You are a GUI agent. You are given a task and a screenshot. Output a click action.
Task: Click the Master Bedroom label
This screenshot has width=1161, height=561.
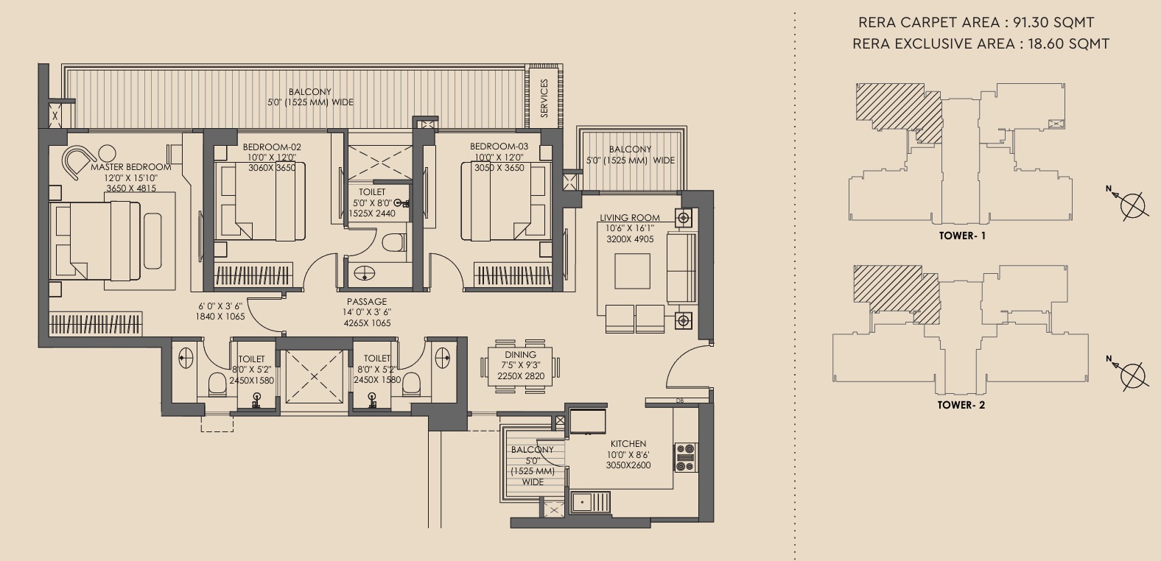coord(130,167)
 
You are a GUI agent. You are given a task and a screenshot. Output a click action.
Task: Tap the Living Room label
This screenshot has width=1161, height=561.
coord(630,218)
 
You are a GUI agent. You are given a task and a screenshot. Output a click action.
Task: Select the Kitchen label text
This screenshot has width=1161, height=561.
coord(628,444)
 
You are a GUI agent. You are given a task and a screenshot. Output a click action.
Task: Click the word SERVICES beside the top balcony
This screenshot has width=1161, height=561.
coord(544,99)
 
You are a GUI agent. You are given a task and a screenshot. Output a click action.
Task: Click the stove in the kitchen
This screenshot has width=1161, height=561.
coord(685,457)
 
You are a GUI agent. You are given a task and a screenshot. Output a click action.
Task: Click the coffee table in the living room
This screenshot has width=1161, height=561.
coord(632,271)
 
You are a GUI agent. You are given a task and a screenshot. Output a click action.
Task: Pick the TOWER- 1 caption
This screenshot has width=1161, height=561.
coord(963,236)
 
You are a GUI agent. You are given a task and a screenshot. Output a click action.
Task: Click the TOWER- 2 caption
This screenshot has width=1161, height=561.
coord(961,405)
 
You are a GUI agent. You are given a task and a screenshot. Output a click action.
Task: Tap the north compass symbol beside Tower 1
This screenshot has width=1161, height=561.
coord(1132,205)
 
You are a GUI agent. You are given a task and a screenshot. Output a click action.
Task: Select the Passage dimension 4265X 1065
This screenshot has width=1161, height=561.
coord(367,323)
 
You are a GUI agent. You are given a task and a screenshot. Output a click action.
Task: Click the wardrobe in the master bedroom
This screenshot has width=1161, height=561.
coord(96,324)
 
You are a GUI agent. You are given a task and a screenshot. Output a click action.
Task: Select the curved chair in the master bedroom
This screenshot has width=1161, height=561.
coord(78,163)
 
